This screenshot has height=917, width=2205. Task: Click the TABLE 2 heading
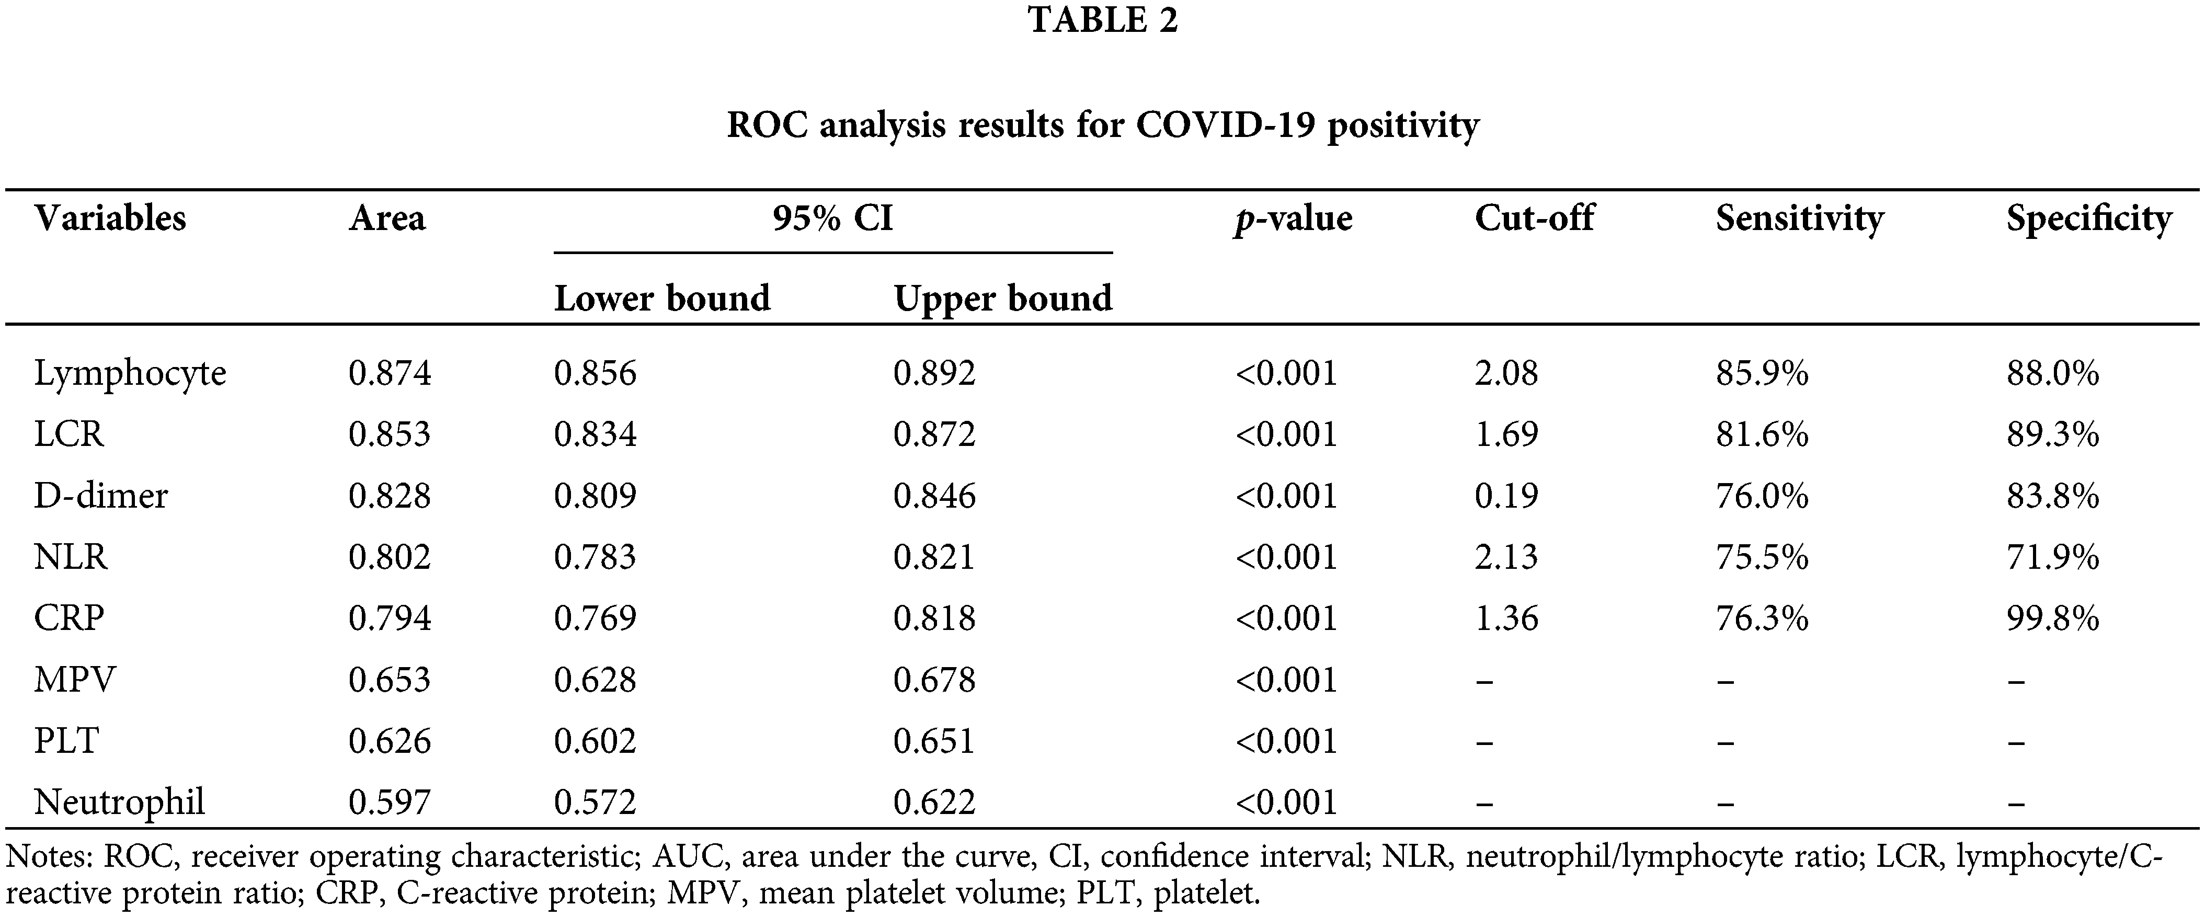coord(1102,20)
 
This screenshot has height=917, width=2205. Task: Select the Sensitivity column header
coord(1799,219)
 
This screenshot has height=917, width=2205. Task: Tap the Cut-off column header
coord(1534,219)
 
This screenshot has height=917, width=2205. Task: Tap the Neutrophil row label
coord(119,803)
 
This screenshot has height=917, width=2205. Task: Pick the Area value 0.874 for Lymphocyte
coord(390,373)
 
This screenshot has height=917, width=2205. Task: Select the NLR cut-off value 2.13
coord(1506,557)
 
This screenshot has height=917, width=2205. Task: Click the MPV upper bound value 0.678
coord(934,680)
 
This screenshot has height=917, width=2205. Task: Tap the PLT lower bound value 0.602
coord(595,741)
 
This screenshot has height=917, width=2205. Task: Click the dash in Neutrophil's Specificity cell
coord(2016,803)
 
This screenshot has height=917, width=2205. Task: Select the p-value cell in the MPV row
coord(1286,680)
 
